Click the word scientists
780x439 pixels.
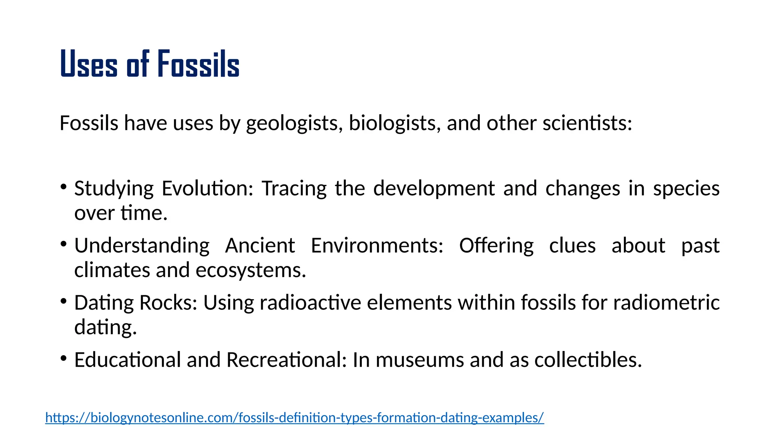point(587,123)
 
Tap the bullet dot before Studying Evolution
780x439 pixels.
point(64,187)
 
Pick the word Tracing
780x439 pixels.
point(294,189)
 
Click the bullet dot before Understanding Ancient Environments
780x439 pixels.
point(64,244)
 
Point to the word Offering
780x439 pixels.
point(496,245)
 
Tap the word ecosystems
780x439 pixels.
point(251,271)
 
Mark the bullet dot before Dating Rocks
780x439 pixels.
point(64,301)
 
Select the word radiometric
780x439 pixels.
point(667,303)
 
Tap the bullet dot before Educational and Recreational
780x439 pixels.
point(64,358)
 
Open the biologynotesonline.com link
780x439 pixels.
point(294,418)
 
